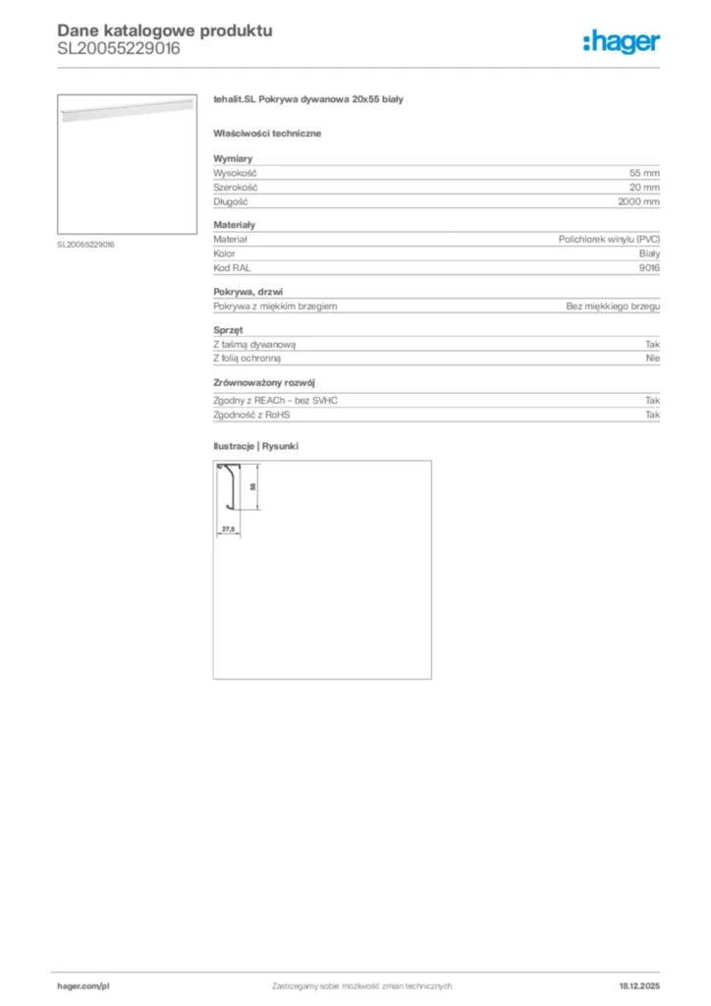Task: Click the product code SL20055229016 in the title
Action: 119,48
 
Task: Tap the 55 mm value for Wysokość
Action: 644,172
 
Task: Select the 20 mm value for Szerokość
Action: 644,187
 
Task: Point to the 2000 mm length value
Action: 638,201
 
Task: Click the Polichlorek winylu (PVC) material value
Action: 609,239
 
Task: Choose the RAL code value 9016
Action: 649,267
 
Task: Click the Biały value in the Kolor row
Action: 648,253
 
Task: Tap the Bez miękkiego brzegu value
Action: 613,307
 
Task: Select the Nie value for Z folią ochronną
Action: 653,359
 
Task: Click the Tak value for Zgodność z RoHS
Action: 653,415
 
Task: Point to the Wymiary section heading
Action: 234,157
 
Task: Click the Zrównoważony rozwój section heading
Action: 264,382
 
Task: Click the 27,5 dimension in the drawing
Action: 228,529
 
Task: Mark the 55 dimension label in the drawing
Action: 252,487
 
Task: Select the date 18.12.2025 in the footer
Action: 639,985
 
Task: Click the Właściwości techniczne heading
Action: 267,132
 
